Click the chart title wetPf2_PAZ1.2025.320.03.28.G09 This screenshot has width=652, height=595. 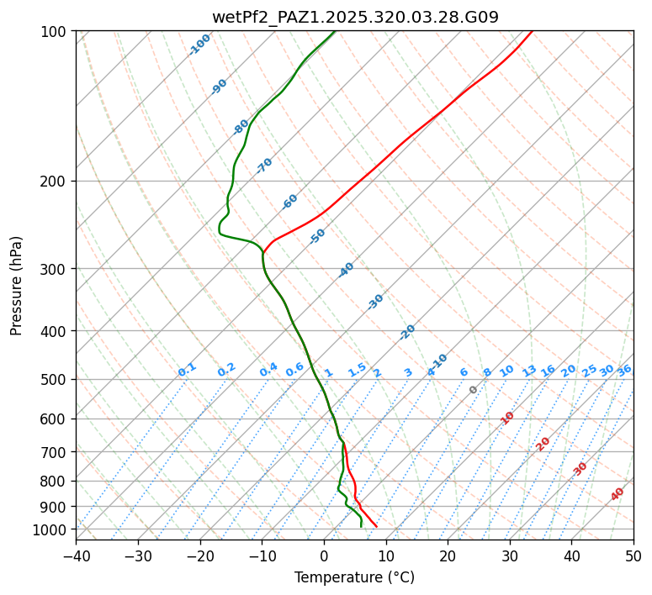[355, 16]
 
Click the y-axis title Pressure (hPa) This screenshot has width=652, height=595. [16, 285]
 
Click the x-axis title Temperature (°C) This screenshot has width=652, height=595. [354, 577]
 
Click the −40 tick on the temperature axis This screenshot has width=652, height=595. [76, 556]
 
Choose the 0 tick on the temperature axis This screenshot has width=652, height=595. [324, 556]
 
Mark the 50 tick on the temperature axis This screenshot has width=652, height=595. [633, 556]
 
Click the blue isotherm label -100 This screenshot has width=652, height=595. [199, 44]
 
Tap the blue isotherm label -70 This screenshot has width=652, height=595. [264, 166]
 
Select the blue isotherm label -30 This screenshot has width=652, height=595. [375, 302]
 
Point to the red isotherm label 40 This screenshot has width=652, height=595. [618, 494]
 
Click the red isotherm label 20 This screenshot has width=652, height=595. [543, 443]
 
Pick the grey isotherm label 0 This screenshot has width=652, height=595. [473, 390]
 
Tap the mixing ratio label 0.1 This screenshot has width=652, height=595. [187, 370]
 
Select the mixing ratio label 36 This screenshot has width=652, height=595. [624, 370]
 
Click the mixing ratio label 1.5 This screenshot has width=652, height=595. [358, 370]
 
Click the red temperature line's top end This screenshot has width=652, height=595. [532, 32]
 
